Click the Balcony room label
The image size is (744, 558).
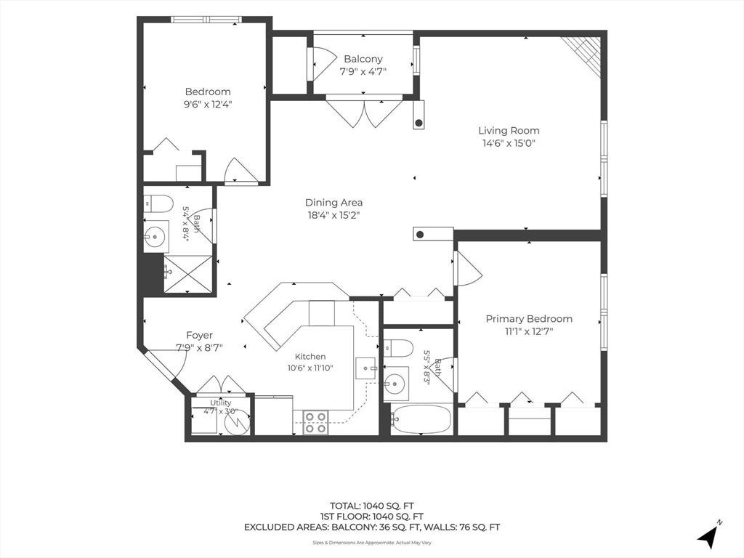pyautogui.click(x=363, y=60)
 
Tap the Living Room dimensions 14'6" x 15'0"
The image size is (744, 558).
pyautogui.click(x=509, y=143)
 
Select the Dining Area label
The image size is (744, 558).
pyautogui.click(x=333, y=203)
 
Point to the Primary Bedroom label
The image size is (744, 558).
pyautogui.click(x=529, y=319)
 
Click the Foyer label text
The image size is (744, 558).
pyautogui.click(x=199, y=336)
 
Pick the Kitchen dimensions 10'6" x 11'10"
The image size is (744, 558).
pyautogui.click(x=310, y=368)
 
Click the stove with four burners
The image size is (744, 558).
pyautogui.click(x=316, y=422)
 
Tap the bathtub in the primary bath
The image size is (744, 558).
pyautogui.click(x=421, y=419)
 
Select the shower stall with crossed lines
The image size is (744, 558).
pyautogui.click(x=188, y=274)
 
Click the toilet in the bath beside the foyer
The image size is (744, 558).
pyautogui.click(x=158, y=203)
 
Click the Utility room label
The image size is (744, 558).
pyautogui.click(x=221, y=403)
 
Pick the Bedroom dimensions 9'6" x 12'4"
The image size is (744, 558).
pyautogui.click(x=208, y=105)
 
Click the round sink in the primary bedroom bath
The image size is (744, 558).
pyautogui.click(x=395, y=381)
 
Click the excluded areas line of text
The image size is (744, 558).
pyautogui.click(x=371, y=527)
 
